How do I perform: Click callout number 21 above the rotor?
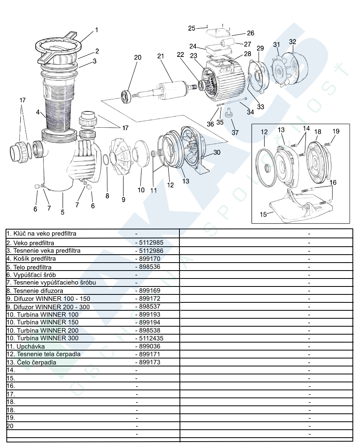coord(160,56)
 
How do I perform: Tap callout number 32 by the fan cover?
coord(292,42)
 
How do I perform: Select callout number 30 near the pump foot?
coord(217,152)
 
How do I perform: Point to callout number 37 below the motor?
coord(235,132)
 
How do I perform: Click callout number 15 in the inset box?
coord(263,214)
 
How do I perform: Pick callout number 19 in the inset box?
coord(336,131)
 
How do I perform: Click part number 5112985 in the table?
coord(149,242)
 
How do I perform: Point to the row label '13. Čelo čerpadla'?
coord(31,362)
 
